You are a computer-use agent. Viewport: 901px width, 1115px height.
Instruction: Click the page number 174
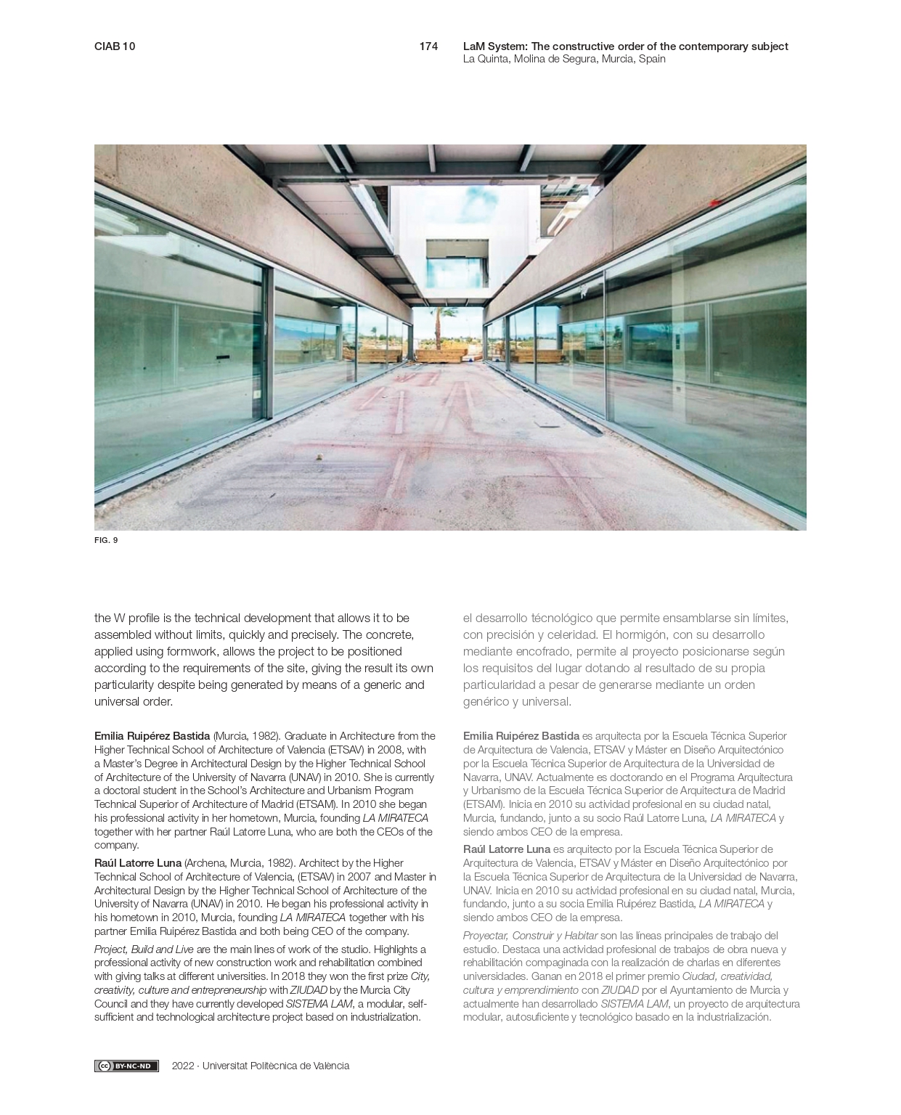(x=428, y=46)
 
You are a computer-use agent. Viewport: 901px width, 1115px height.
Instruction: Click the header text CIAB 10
(x=115, y=46)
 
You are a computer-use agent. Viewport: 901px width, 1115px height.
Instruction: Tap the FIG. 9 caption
(x=106, y=540)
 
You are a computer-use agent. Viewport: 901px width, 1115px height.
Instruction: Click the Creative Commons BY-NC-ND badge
(x=126, y=1066)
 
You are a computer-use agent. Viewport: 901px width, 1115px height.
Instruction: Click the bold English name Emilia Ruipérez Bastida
(x=152, y=736)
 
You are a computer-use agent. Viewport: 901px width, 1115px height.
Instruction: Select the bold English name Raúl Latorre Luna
(x=138, y=863)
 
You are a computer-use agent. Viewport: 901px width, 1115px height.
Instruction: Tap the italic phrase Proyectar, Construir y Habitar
(x=530, y=936)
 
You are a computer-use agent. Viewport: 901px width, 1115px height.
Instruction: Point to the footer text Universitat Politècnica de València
(x=276, y=1066)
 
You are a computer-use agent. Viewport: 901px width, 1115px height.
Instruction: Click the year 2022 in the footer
(x=183, y=1066)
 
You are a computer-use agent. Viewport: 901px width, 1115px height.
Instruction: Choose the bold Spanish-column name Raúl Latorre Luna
(x=507, y=849)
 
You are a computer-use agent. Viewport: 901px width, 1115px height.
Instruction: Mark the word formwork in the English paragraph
(x=195, y=652)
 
